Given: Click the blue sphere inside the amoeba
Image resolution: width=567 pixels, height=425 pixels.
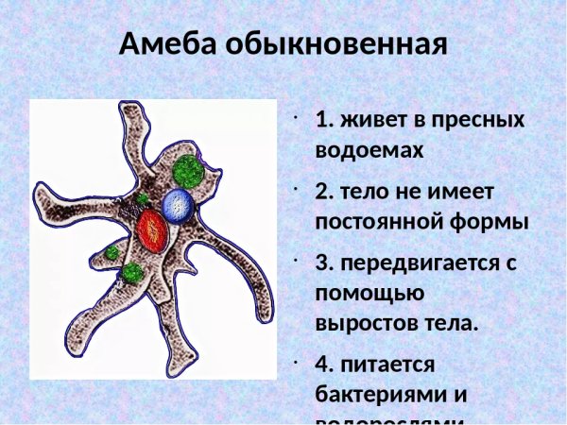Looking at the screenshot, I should click(178, 205).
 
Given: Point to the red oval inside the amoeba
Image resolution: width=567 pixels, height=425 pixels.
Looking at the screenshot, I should click(152, 229).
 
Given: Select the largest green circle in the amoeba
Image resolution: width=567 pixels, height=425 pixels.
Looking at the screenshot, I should click(190, 171).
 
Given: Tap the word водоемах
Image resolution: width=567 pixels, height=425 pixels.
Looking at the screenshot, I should click(369, 149).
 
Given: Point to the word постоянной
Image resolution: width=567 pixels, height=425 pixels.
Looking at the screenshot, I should click(387, 221).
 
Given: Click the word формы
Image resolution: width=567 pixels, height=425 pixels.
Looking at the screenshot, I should click(497, 221).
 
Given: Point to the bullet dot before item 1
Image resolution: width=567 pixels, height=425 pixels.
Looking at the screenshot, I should click(297, 119).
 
